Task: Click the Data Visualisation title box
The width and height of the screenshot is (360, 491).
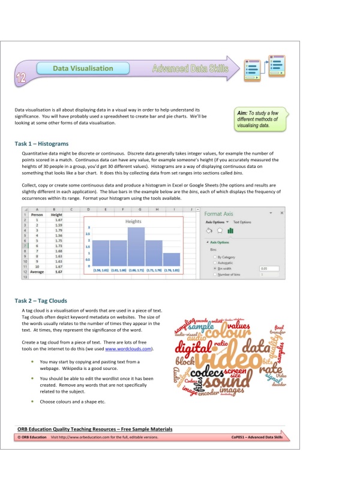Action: pos(76,69)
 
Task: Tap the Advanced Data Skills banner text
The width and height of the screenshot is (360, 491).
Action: pos(190,68)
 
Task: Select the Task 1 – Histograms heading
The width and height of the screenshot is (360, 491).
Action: pos(41,144)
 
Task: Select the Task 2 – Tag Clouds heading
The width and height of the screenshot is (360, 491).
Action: pos(41,300)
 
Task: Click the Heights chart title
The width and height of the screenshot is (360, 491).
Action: pos(133,221)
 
